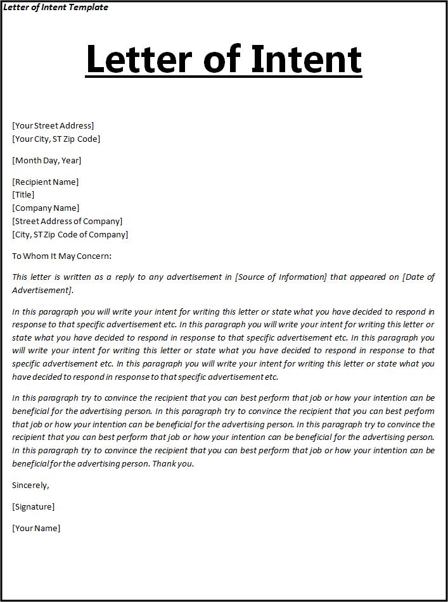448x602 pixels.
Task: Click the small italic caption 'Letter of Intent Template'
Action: click(56, 8)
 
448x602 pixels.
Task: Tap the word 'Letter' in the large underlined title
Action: click(139, 59)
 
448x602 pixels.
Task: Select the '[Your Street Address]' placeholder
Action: click(53, 125)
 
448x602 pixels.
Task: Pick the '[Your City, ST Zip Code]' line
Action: click(56, 139)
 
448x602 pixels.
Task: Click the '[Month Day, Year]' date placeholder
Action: click(47, 160)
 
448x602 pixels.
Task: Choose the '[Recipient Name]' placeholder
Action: click(46, 182)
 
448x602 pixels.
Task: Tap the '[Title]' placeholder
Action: click(23, 194)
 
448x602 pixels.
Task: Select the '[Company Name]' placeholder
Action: click(46, 208)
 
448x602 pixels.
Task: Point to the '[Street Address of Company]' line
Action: click(67, 221)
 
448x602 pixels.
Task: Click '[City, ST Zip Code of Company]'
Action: click(70, 234)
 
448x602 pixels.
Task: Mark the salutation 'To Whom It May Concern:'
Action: click(61, 256)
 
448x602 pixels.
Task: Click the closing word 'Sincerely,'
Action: click(30, 485)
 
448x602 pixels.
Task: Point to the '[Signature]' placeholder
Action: click(34, 506)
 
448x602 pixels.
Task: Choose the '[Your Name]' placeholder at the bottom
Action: click(36, 528)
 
